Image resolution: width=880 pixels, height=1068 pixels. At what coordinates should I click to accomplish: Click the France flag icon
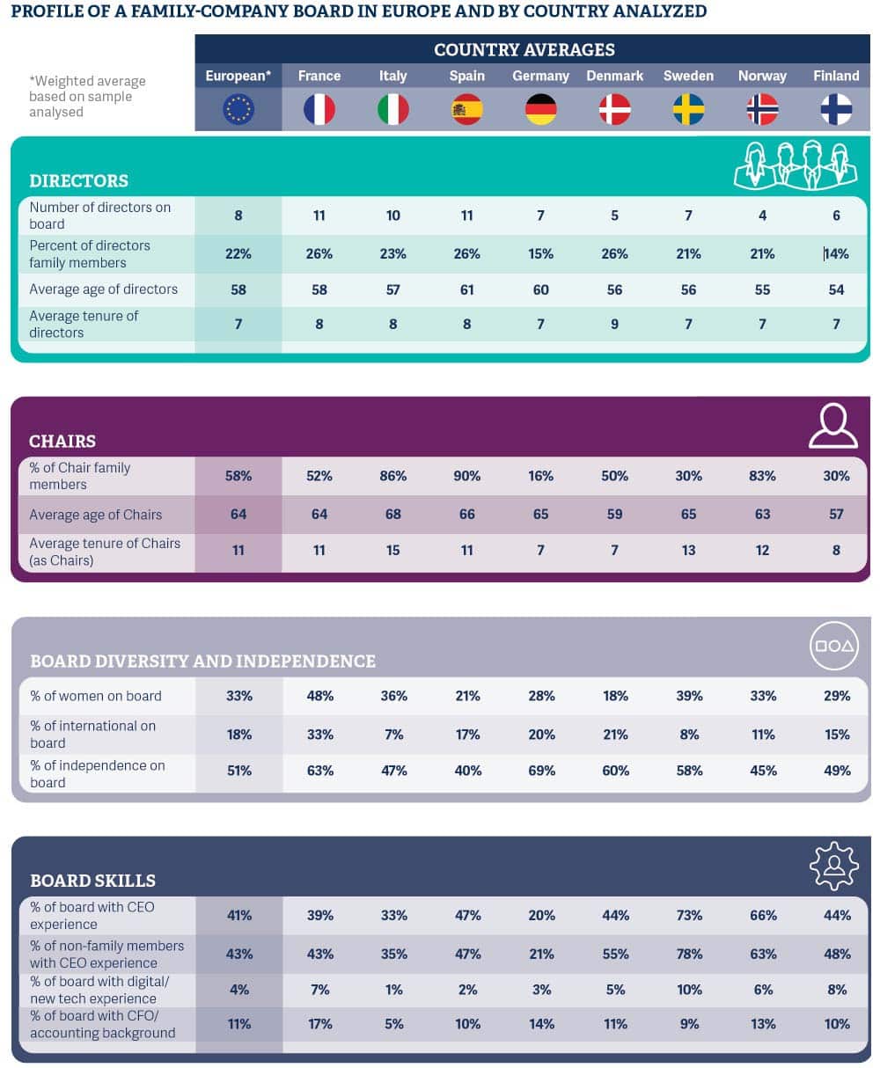(319, 109)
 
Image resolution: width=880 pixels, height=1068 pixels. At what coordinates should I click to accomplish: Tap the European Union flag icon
(238, 109)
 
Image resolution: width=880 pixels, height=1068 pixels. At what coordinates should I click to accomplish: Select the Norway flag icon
(762, 109)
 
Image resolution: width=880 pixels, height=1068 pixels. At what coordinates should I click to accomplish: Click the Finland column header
(836, 76)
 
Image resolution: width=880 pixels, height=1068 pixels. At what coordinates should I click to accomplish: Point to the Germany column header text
(540, 76)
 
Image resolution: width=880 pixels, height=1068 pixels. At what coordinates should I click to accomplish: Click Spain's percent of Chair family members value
(466, 476)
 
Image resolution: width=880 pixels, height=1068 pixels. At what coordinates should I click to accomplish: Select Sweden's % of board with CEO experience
(689, 915)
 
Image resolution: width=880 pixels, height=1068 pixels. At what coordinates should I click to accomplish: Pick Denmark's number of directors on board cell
(614, 216)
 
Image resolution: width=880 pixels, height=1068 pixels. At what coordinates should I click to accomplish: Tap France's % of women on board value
(319, 696)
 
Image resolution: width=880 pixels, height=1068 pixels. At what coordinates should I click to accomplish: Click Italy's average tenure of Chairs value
(393, 550)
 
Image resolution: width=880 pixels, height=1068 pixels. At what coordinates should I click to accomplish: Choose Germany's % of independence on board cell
(541, 771)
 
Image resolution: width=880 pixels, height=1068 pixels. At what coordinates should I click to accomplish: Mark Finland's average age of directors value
(836, 289)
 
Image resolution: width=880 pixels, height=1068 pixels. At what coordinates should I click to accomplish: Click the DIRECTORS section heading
(78, 180)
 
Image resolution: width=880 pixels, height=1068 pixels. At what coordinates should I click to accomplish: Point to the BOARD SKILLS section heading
(92, 881)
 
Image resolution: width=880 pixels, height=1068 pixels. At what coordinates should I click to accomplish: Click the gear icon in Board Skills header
(832, 866)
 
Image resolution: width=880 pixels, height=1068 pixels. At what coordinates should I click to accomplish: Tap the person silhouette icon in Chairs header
(832, 426)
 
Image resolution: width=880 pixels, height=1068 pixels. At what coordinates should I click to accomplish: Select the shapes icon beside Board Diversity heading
(832, 647)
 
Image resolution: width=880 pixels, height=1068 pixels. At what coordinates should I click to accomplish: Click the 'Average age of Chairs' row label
(95, 515)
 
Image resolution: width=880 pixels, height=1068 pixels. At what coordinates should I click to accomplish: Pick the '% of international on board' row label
(93, 734)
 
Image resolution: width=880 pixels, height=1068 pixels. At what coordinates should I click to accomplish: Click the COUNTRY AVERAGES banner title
(524, 50)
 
